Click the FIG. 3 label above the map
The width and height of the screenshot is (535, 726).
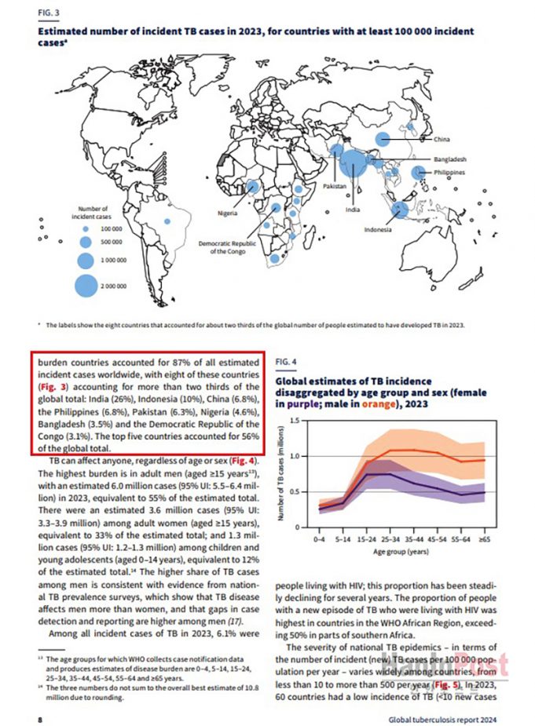pos(49,13)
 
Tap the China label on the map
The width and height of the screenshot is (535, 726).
pos(441,139)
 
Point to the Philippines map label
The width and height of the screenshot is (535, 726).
pos(451,171)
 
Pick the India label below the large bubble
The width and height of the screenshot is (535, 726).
pos(354,210)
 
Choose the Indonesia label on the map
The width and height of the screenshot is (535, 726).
pos(377,229)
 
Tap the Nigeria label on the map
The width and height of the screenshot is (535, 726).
pos(229,212)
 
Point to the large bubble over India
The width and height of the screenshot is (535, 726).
pos(354,164)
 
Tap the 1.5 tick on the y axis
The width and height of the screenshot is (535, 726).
pos(295,421)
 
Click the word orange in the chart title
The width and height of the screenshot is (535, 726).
pos(370,405)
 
